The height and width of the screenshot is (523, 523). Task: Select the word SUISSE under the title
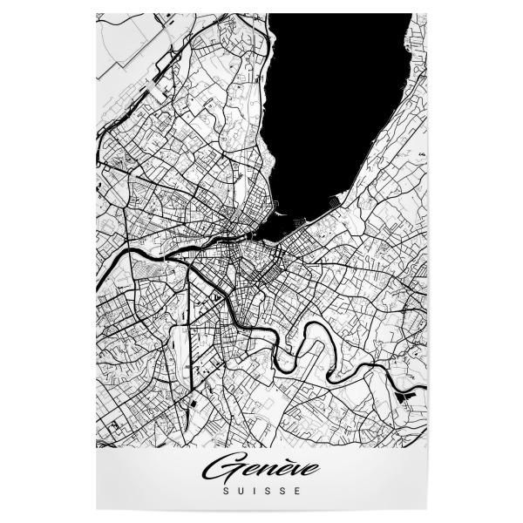coord(261,491)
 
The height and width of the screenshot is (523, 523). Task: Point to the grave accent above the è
coord(281,459)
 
